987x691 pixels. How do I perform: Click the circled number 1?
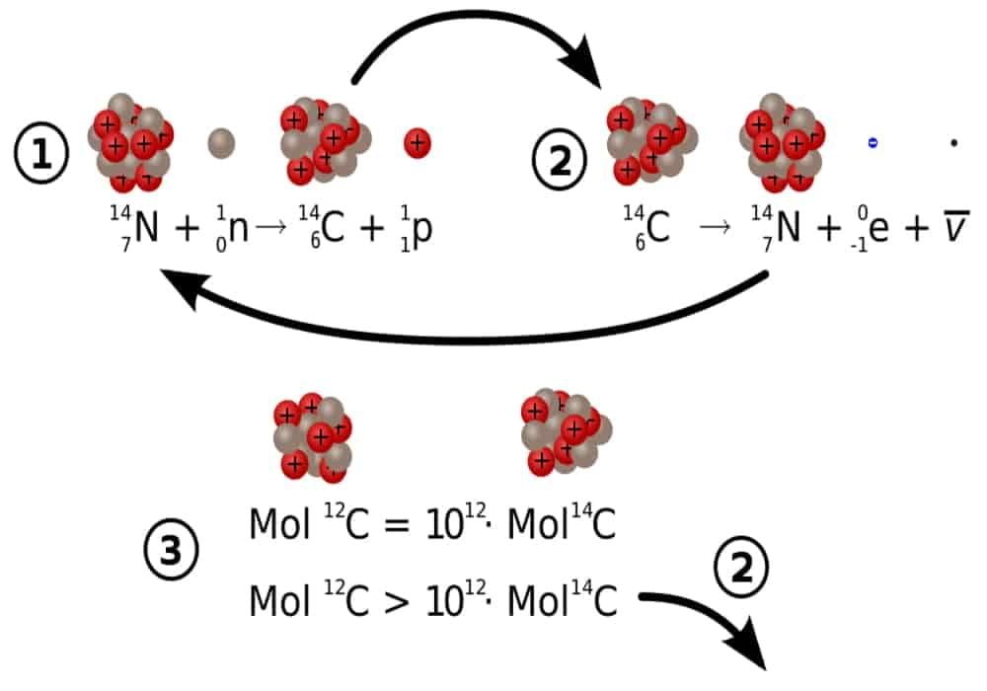coord(41,156)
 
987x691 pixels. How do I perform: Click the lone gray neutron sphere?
coord(221,144)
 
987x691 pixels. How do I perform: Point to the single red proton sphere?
coord(418,144)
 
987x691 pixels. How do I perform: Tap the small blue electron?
coord(873,143)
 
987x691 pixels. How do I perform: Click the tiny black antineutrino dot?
coord(953,143)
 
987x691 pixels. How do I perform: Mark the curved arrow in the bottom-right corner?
coord(721,622)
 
